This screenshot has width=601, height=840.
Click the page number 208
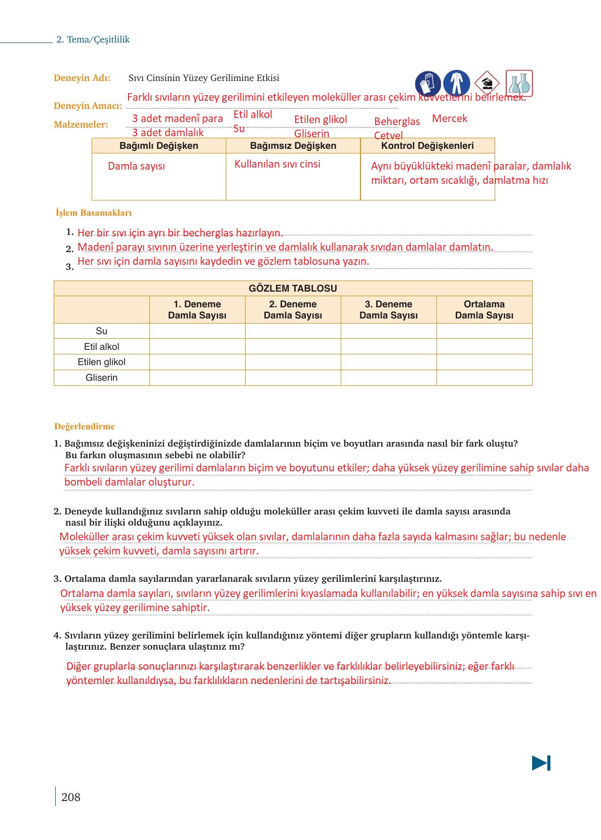(x=70, y=797)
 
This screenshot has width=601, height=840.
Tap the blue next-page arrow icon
(x=541, y=763)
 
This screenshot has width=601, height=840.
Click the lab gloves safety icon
(x=427, y=83)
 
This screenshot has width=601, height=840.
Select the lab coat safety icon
(x=456, y=83)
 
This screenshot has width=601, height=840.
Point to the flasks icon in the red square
(x=519, y=83)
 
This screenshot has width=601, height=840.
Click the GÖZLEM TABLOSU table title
(x=293, y=288)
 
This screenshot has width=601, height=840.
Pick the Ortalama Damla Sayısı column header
(x=484, y=309)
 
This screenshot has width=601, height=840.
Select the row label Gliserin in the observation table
(x=101, y=378)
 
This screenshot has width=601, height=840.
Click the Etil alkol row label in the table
(x=101, y=347)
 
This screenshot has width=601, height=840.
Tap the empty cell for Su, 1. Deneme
(x=197, y=331)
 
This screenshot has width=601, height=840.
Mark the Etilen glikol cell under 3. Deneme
(x=388, y=362)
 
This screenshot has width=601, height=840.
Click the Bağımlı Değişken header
(x=158, y=146)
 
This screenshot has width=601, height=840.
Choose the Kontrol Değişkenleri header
(x=427, y=146)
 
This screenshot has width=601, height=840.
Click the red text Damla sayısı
(x=136, y=166)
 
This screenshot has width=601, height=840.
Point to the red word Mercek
(x=450, y=118)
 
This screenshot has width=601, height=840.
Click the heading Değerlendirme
(x=85, y=426)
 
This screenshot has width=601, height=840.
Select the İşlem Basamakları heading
(x=94, y=213)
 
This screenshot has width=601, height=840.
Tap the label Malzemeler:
(x=81, y=125)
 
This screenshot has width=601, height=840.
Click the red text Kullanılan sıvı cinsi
(x=277, y=164)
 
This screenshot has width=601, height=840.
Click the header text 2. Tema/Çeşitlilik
(x=93, y=39)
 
